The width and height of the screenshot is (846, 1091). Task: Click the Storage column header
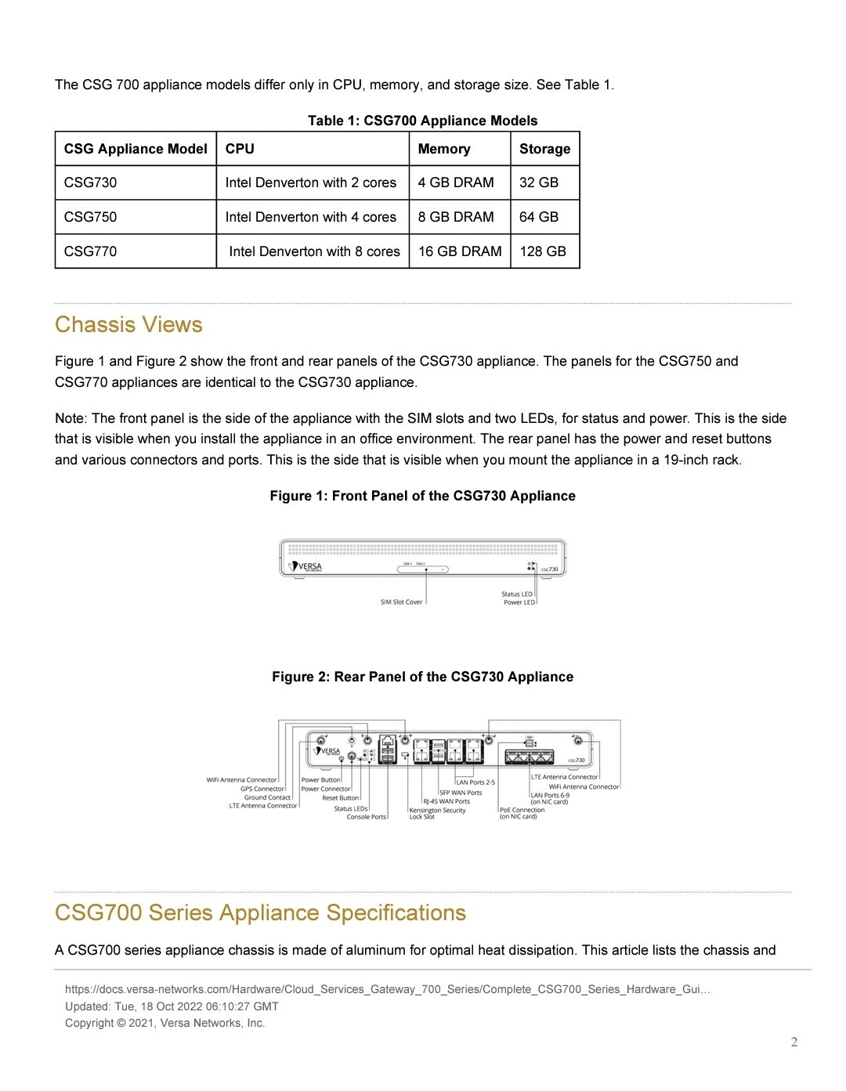pos(544,149)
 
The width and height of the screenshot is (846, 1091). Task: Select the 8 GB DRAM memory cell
pos(456,217)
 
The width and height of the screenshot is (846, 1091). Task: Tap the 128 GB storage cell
pos(543,251)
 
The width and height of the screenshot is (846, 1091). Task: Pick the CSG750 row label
pos(90,217)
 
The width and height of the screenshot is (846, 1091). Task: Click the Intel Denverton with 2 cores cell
pos(311,182)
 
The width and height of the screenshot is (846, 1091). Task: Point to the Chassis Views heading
pos(128,325)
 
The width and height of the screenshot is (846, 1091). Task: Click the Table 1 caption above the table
pos(422,121)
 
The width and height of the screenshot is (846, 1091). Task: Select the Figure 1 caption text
pos(422,496)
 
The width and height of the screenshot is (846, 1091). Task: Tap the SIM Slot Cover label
pos(401,602)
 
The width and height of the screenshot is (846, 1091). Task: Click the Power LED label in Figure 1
pos(519,602)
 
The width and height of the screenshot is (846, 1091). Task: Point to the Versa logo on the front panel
pos(305,566)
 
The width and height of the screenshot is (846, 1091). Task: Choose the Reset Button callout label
pos(340,798)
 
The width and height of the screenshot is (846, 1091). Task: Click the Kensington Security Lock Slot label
pos(436,814)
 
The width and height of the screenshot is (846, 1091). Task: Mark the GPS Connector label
pos(262,789)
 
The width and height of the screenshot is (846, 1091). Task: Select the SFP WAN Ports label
pos(461,793)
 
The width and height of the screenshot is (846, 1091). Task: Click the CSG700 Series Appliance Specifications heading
pos(260,913)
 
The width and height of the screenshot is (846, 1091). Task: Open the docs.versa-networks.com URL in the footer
pos(387,989)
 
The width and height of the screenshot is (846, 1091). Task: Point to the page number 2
pos(794,1042)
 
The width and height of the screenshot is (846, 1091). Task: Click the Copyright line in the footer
pos(164,1023)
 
